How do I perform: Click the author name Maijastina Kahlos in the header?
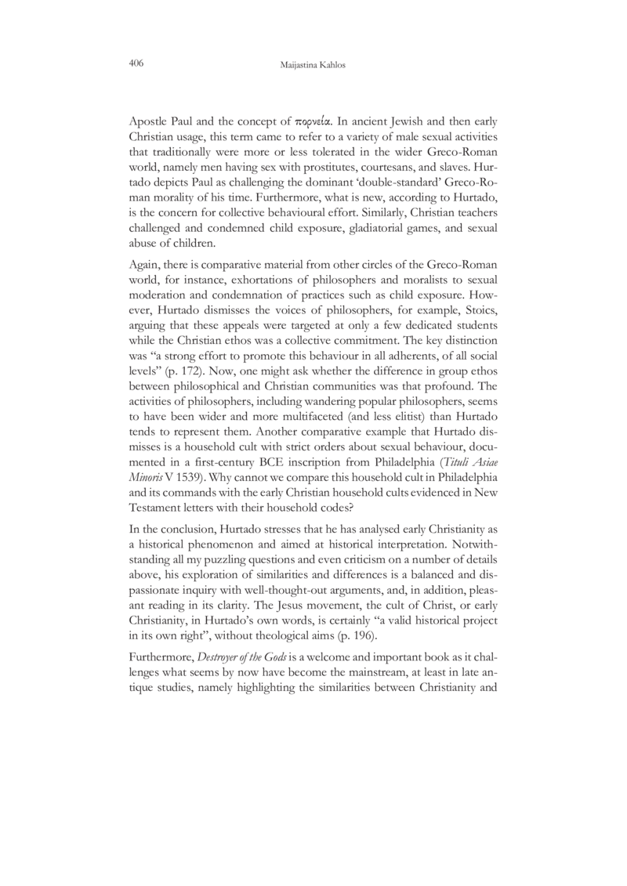(x=313, y=65)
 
